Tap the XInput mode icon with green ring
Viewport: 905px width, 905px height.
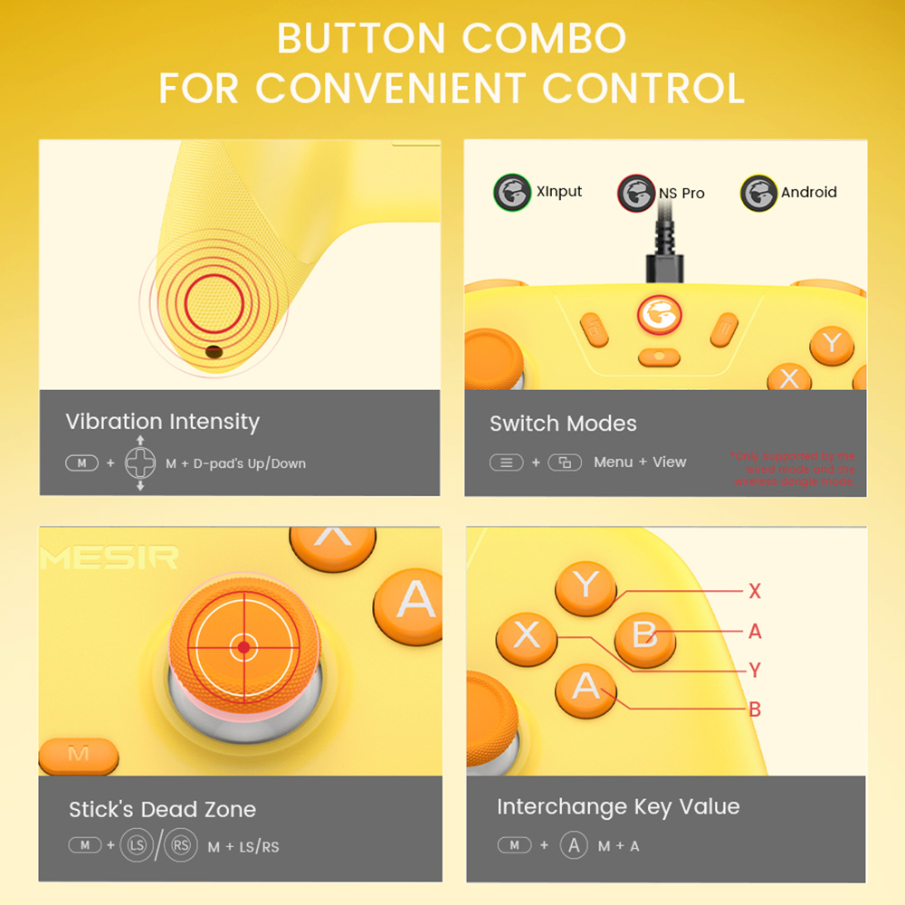pyautogui.click(x=512, y=192)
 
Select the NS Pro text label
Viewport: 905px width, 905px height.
pyautogui.click(x=681, y=193)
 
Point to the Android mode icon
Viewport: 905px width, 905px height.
pyautogui.click(x=758, y=192)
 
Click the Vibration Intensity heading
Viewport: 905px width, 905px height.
pyautogui.click(x=162, y=422)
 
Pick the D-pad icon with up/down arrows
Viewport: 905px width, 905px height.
pyautogui.click(x=140, y=463)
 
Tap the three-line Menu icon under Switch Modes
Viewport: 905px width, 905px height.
pyautogui.click(x=506, y=462)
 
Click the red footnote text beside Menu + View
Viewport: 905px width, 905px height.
pyautogui.click(x=794, y=469)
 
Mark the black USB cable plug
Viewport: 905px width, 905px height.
pyautogui.click(x=659, y=268)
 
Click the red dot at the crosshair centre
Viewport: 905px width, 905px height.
pyautogui.click(x=243, y=647)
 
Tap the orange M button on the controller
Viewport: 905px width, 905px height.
pyautogui.click(x=79, y=754)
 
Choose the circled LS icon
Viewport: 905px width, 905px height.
pyautogui.click(x=137, y=846)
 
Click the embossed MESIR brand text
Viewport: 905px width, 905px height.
pyautogui.click(x=109, y=557)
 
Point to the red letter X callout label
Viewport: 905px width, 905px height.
pyautogui.click(x=755, y=592)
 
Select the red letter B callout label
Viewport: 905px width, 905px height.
pyautogui.click(x=755, y=710)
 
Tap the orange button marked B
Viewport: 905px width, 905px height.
pyautogui.click(x=644, y=634)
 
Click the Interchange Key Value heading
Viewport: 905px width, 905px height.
pyautogui.click(x=618, y=807)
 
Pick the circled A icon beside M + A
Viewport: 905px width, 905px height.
pyautogui.click(x=574, y=845)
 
